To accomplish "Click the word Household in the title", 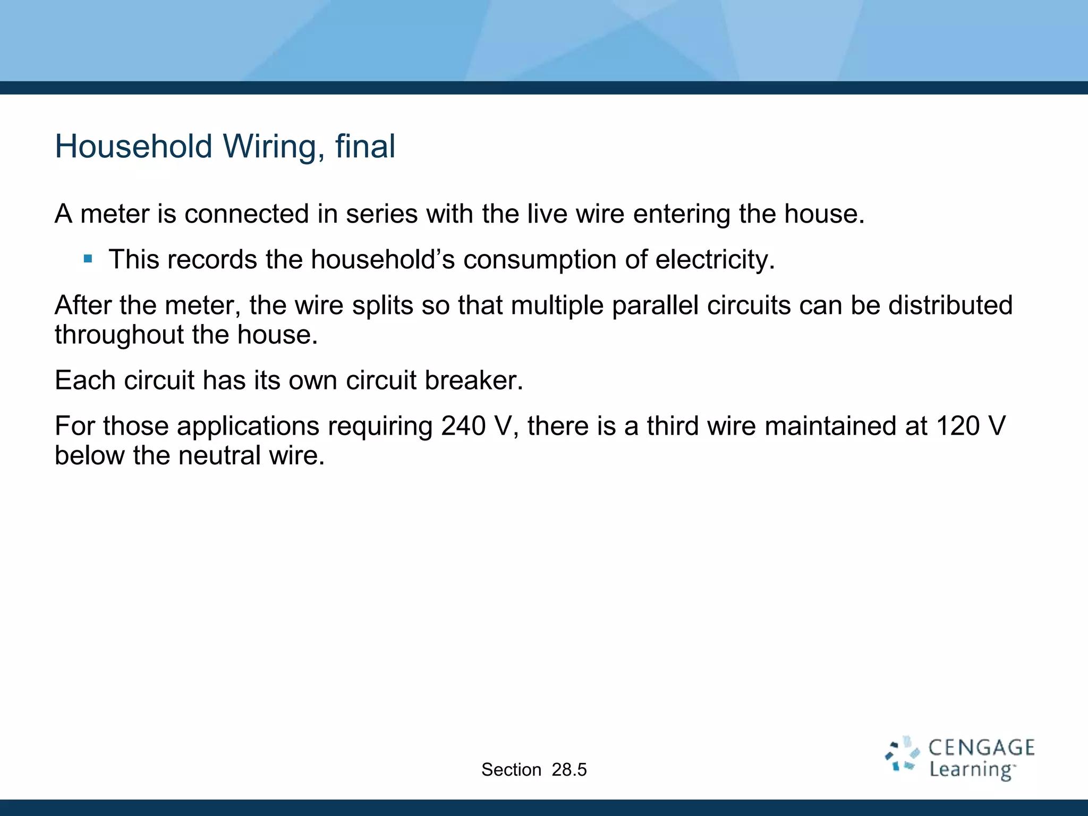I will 133,146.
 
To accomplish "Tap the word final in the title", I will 365,146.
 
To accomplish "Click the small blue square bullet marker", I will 88,260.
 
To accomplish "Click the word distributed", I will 950,305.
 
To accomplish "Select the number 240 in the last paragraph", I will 463,426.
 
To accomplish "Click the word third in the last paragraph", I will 672,426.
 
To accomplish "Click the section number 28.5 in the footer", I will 569,770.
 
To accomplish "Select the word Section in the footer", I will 511,770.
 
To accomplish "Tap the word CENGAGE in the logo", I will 981,748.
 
